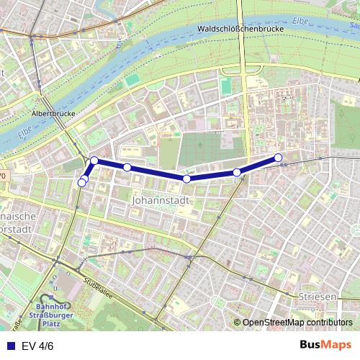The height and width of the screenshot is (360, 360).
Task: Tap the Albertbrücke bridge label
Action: [x=54, y=113]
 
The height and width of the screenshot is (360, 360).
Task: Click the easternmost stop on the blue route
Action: [x=279, y=158]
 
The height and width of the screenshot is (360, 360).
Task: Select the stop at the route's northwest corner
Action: [x=94, y=160]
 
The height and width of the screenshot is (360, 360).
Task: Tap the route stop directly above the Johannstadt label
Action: [x=186, y=179]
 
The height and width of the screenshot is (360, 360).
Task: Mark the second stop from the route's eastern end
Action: [x=237, y=172]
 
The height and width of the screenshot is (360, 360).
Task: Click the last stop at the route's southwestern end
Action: [x=81, y=183]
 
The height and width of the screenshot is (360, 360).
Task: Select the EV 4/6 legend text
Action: [x=37, y=345]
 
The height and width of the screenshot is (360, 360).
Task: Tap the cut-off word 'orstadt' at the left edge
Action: [x=16, y=229]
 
